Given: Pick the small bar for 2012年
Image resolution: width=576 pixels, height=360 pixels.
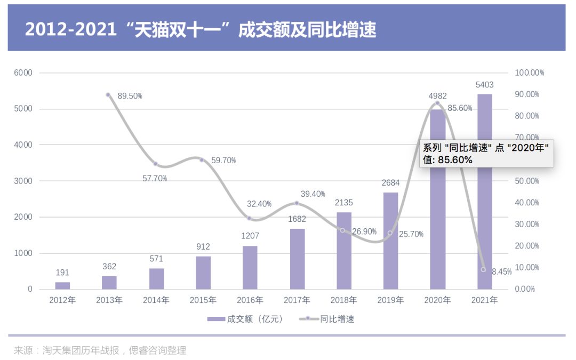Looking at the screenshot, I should [x=62, y=285].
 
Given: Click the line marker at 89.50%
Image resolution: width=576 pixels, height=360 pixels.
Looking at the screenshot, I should [x=108, y=95].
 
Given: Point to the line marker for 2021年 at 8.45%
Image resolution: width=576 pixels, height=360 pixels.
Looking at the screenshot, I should [x=483, y=269].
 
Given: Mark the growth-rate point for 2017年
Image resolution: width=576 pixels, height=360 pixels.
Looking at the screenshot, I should [x=297, y=203].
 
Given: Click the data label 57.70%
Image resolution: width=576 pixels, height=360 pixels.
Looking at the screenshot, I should [x=155, y=179].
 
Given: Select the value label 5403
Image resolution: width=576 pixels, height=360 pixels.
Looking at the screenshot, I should [x=484, y=85].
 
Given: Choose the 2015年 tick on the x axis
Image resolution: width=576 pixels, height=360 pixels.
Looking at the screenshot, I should [x=203, y=300].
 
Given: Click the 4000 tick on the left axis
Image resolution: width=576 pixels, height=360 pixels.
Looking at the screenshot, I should [x=23, y=145].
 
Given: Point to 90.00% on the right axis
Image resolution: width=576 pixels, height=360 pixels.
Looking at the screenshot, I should [x=527, y=94].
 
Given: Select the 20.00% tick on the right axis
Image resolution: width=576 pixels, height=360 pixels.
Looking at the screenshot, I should [x=527, y=246].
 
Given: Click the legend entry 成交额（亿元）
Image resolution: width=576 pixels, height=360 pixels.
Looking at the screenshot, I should [x=246, y=319].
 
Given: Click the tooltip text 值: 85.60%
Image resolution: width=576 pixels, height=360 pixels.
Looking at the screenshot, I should [x=448, y=159].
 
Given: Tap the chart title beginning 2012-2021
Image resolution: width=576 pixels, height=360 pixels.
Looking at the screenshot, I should [x=201, y=29].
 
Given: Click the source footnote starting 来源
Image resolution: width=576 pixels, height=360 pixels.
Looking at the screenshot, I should [x=100, y=350].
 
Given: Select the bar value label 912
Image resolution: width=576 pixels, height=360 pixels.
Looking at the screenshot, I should [x=203, y=247].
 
